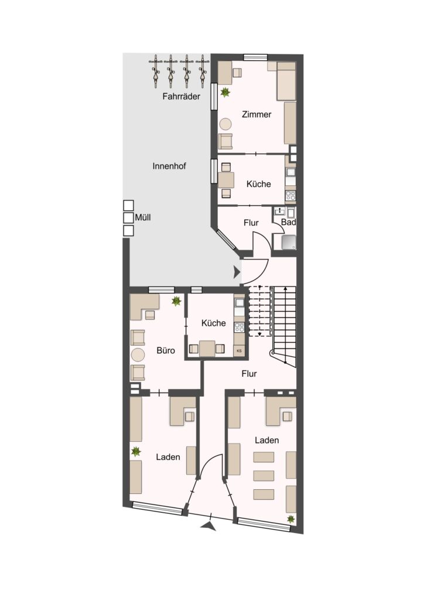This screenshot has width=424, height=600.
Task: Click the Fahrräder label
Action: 181,97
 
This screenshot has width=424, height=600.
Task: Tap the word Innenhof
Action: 169,166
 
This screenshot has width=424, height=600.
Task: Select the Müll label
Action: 143,217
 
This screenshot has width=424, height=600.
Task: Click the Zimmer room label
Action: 257,114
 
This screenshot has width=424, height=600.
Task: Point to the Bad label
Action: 288,222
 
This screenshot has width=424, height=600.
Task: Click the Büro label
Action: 166,350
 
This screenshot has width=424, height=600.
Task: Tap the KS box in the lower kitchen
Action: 240,351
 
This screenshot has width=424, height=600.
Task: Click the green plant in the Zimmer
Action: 225,92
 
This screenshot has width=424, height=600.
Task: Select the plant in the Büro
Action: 176,301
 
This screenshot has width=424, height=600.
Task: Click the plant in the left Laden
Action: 136,452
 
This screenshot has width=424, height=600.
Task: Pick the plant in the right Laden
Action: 291,519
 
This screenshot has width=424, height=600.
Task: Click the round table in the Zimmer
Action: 225,124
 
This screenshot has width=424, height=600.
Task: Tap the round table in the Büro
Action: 138,355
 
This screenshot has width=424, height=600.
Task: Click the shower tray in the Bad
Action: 289,243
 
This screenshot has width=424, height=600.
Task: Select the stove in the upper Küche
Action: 290,196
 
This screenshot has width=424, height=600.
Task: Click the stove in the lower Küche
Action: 240,328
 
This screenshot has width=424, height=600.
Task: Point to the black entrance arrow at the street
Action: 208,527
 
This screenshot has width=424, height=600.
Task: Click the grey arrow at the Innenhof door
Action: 237,272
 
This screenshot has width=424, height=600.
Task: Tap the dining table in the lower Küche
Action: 207,349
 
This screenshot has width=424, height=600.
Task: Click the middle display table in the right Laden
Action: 264,476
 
